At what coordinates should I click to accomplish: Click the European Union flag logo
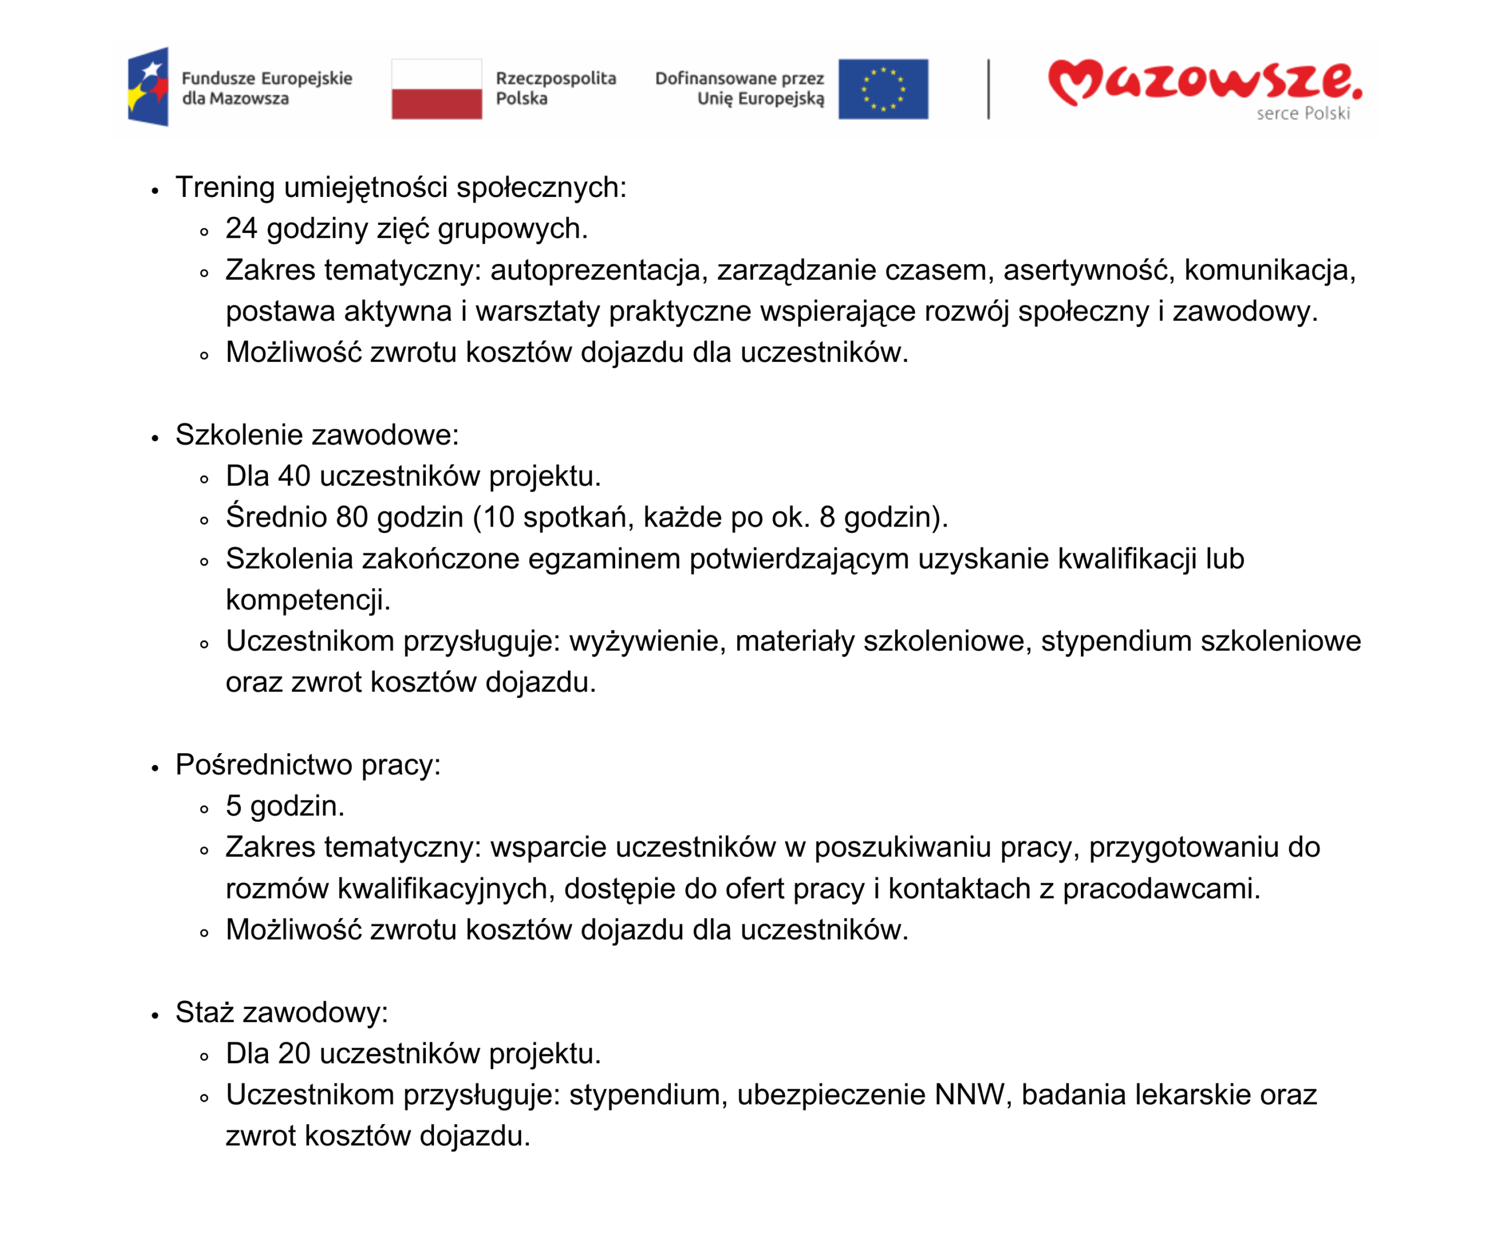click(882, 89)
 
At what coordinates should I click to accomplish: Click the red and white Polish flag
click(437, 89)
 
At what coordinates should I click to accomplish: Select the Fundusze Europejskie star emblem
click(148, 87)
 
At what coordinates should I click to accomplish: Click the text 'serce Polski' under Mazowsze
click(1302, 114)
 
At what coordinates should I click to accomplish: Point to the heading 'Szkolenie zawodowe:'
click(317, 435)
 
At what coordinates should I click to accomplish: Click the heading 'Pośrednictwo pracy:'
click(308, 765)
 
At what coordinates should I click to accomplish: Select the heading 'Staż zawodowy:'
click(282, 1012)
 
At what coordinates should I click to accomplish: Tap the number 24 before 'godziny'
click(241, 229)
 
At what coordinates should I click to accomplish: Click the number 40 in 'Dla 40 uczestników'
click(294, 476)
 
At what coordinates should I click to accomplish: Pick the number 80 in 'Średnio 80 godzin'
click(352, 517)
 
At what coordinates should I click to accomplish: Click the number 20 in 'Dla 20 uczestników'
click(294, 1053)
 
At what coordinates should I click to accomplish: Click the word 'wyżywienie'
click(648, 641)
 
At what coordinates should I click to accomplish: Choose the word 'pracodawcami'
click(1161, 888)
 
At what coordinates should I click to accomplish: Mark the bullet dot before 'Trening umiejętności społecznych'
click(155, 190)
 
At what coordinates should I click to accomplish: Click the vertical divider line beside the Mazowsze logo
click(988, 89)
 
